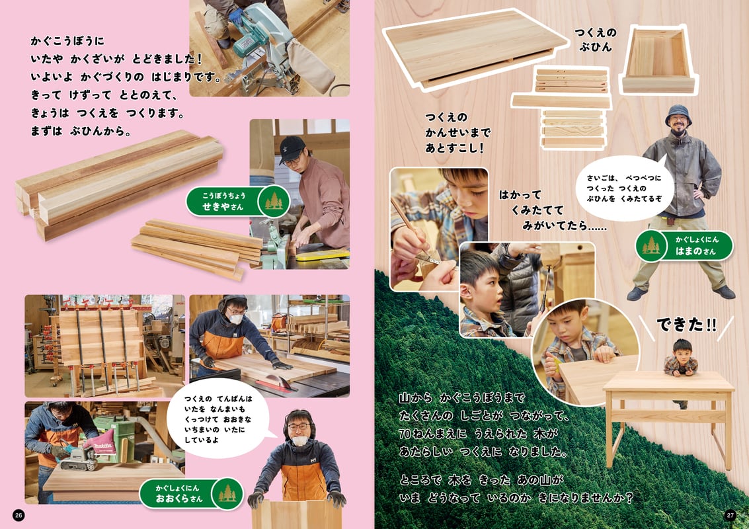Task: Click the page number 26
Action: (19, 515)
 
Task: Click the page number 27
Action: (730, 515)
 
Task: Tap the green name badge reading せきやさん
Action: (236, 200)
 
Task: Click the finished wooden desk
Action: (668, 410)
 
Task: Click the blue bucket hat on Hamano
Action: (678, 113)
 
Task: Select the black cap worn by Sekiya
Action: (292, 147)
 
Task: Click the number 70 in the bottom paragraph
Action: (409, 434)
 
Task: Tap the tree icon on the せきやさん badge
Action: (273, 200)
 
